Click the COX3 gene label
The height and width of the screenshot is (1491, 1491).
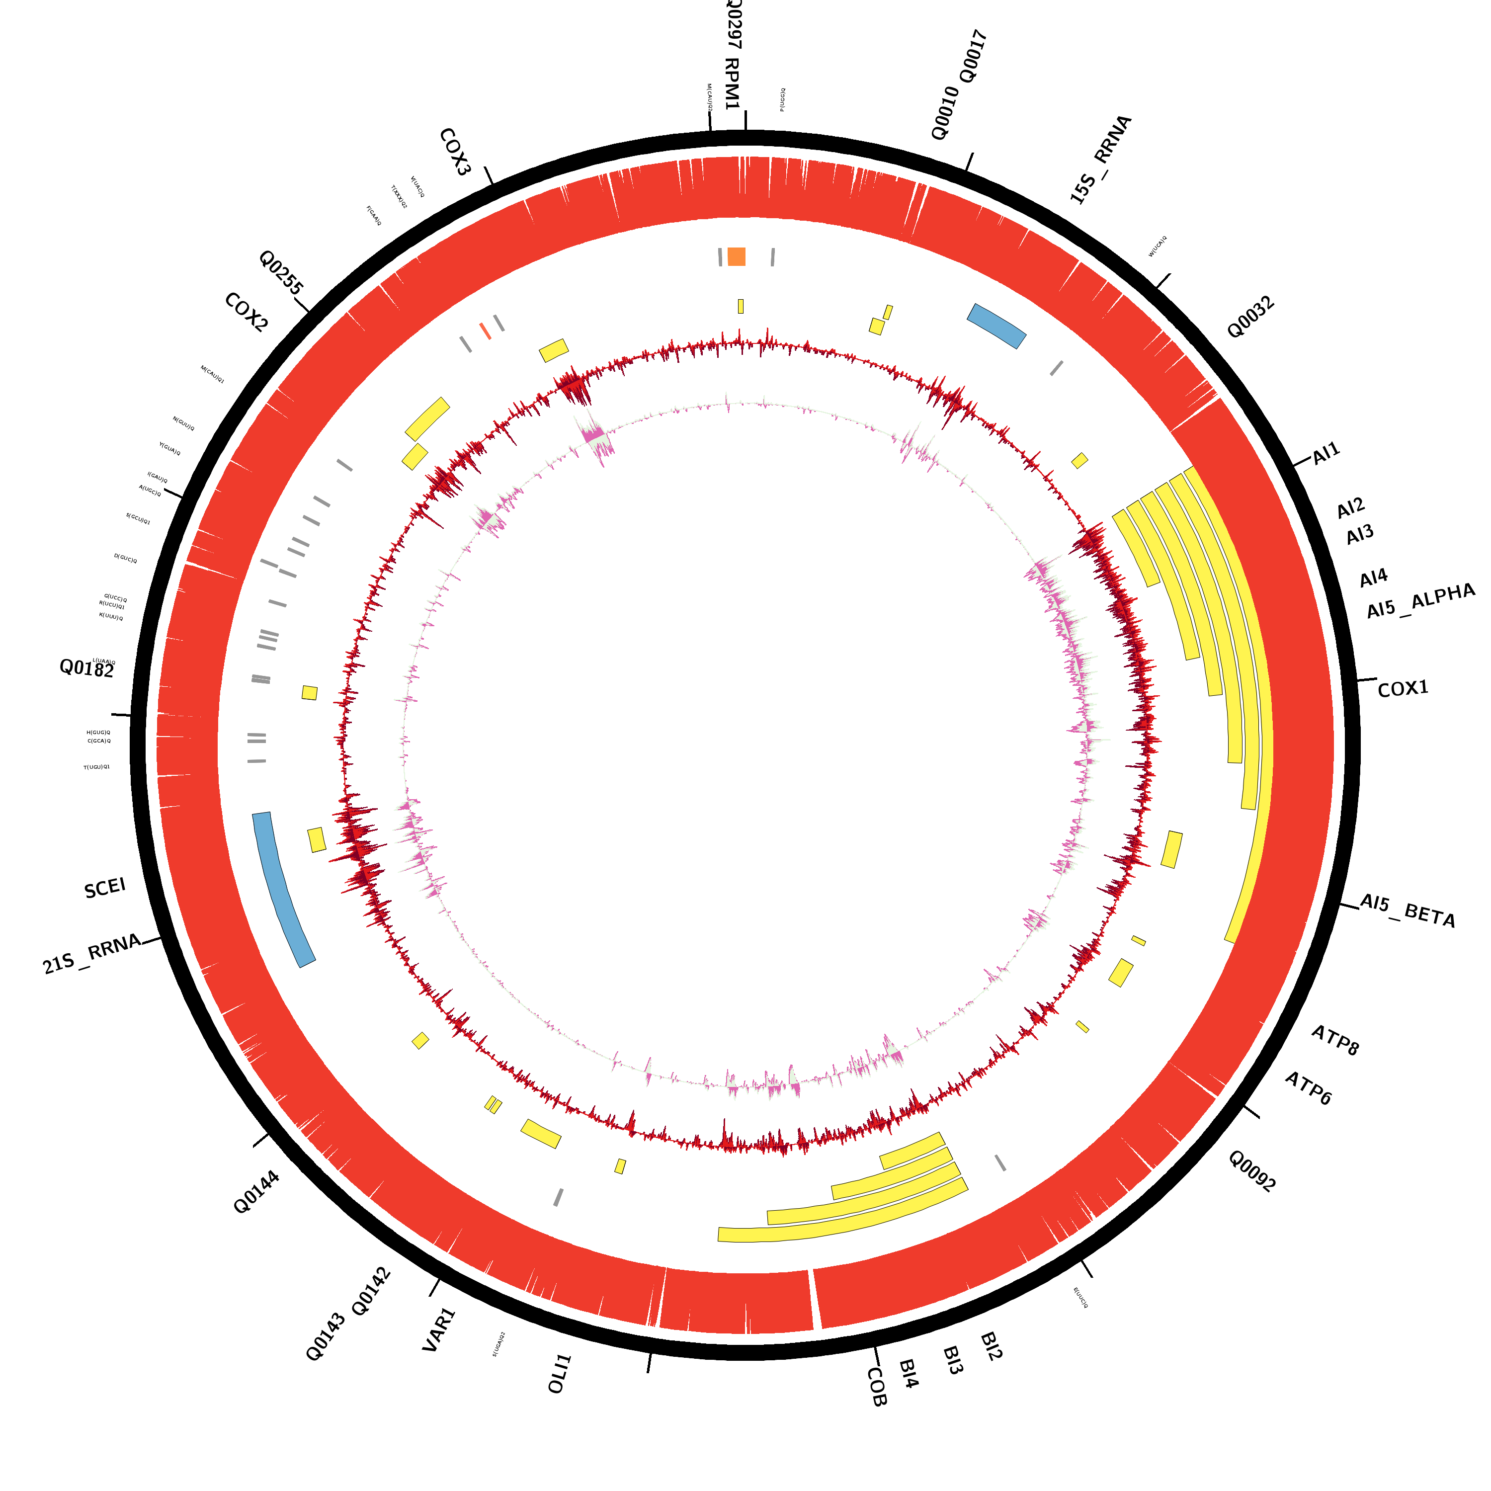pyautogui.click(x=455, y=152)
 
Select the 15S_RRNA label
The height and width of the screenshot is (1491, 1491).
pyautogui.click(x=1100, y=159)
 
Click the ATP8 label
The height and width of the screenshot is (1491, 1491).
pyautogui.click(x=1335, y=1040)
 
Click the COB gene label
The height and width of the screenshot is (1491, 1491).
pyautogui.click(x=877, y=1387)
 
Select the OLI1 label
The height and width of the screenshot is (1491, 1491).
pyautogui.click(x=560, y=1374)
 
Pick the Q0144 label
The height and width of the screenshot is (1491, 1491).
pyautogui.click(x=256, y=1192)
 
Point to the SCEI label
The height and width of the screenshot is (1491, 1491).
pyautogui.click(x=105, y=888)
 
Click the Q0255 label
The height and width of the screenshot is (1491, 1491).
pyautogui.click(x=281, y=272)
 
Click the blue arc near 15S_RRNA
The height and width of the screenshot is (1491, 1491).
pyautogui.click(x=996, y=325)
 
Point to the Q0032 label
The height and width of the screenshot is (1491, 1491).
pyautogui.click(x=1250, y=317)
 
